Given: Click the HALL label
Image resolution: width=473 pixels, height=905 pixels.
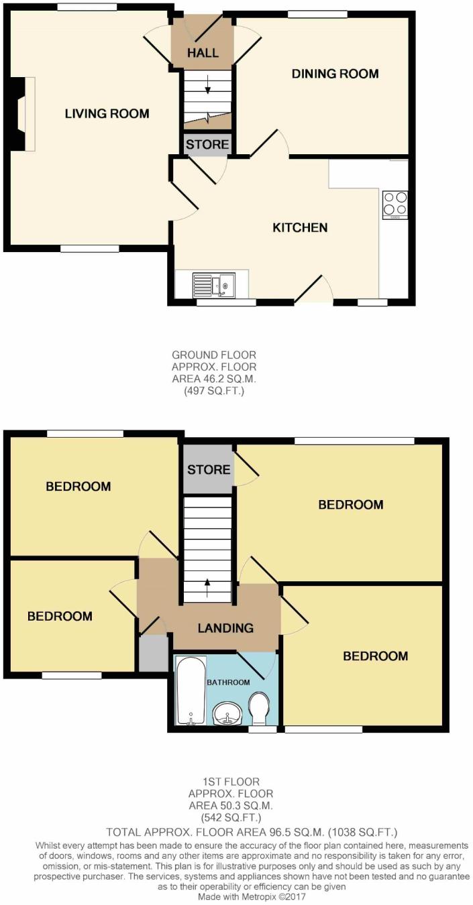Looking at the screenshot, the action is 203,52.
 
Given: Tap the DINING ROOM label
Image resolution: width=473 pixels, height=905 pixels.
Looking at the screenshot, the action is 335,74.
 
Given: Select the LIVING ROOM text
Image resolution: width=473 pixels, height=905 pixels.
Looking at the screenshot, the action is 107,113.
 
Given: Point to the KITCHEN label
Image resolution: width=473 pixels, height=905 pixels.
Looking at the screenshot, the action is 300,227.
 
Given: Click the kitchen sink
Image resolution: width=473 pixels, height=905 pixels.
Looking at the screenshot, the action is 214,285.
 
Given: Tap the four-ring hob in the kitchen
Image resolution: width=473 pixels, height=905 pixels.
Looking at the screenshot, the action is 395,204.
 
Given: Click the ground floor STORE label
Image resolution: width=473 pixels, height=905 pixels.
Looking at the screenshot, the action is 207,144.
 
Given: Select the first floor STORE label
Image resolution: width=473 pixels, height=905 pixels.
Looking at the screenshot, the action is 209,469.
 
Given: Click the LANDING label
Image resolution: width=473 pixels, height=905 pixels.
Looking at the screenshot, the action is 225,628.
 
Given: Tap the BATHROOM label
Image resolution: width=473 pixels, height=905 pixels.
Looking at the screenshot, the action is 228,682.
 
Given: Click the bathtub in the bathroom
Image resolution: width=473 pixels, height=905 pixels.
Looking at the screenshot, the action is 191,691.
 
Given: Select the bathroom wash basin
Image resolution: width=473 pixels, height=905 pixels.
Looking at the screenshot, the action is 227,713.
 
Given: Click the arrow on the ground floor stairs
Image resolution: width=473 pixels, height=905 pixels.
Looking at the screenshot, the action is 208,84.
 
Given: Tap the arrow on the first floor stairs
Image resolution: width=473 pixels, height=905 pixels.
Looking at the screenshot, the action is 207,588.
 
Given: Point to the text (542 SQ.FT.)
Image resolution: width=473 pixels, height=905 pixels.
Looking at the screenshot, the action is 231,819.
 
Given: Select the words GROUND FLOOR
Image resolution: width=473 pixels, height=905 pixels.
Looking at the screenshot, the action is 214,355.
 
